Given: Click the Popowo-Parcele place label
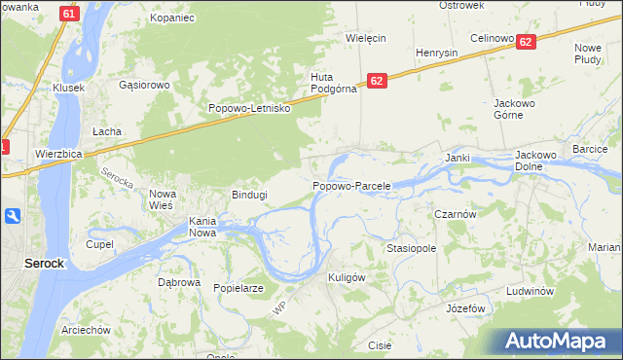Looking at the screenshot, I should [x=351, y=186].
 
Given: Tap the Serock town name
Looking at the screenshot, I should [x=45, y=264].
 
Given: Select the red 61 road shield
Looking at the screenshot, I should [x=67, y=14].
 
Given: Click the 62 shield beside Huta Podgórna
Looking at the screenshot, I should [x=378, y=81].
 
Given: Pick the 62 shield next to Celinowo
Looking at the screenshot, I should [x=525, y=42].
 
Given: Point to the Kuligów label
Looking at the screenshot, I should [x=346, y=277].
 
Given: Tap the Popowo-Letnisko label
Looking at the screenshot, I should [x=250, y=109].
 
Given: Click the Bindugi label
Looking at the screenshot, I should [x=248, y=195].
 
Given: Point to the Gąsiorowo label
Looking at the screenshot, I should [x=144, y=85].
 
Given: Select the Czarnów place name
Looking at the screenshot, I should [x=454, y=214].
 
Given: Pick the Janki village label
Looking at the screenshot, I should [x=458, y=158].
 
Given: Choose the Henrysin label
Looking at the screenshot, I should [x=436, y=53].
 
